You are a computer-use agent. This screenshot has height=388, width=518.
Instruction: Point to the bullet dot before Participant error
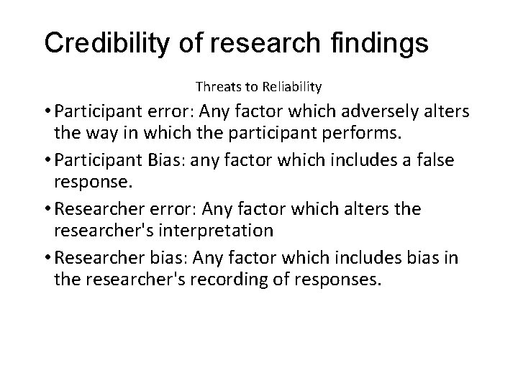point(46,113)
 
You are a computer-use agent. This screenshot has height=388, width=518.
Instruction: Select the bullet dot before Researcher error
point(46,208)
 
